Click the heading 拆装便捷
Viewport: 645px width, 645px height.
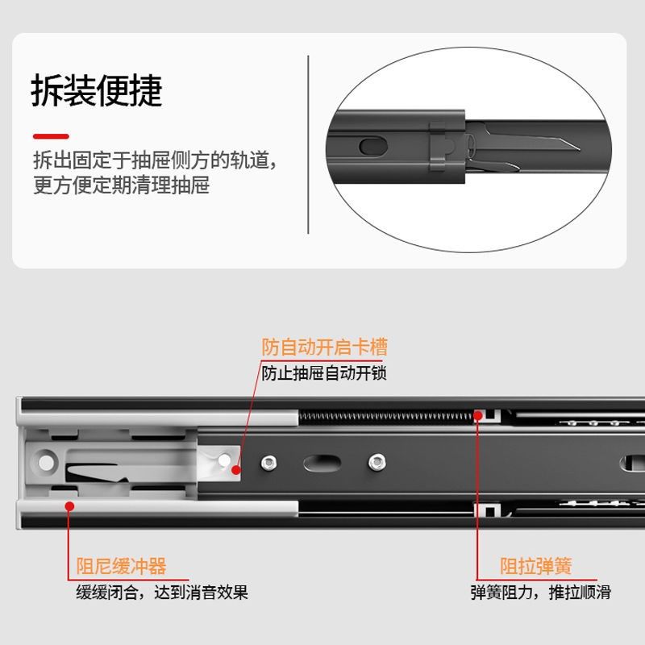[x=97, y=92]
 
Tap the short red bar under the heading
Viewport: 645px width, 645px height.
[x=51, y=136]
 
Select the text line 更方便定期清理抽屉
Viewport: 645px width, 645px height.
[x=121, y=186]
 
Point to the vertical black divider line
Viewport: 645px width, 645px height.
[x=309, y=145]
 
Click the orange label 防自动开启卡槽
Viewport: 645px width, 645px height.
[x=324, y=347]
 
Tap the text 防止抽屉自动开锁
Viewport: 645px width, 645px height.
[x=324, y=374]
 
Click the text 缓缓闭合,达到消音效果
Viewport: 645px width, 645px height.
[x=162, y=593]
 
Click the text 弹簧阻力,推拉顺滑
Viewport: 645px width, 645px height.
[x=541, y=593]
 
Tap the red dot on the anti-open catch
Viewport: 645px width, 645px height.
[x=235, y=469]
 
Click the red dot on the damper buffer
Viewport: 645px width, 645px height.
[x=70, y=506]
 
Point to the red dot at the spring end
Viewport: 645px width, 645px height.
[x=478, y=416]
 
